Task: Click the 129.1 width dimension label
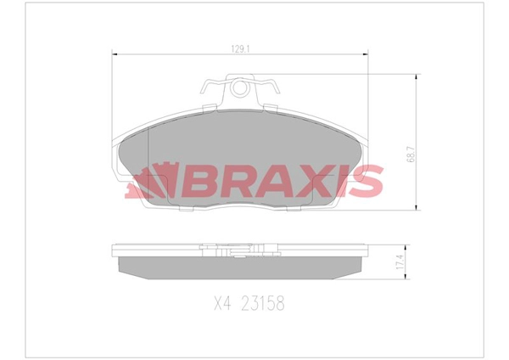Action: pos(240,49)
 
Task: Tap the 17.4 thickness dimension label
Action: pos(400,262)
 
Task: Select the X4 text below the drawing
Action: pos(222,303)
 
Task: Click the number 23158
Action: pos(262,303)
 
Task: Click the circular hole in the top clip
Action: pos(240,87)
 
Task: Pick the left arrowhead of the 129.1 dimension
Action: pos(114,54)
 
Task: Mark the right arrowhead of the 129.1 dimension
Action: pos(366,54)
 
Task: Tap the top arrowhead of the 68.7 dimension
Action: pos(417,76)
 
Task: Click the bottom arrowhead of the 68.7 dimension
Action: pos(417,207)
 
